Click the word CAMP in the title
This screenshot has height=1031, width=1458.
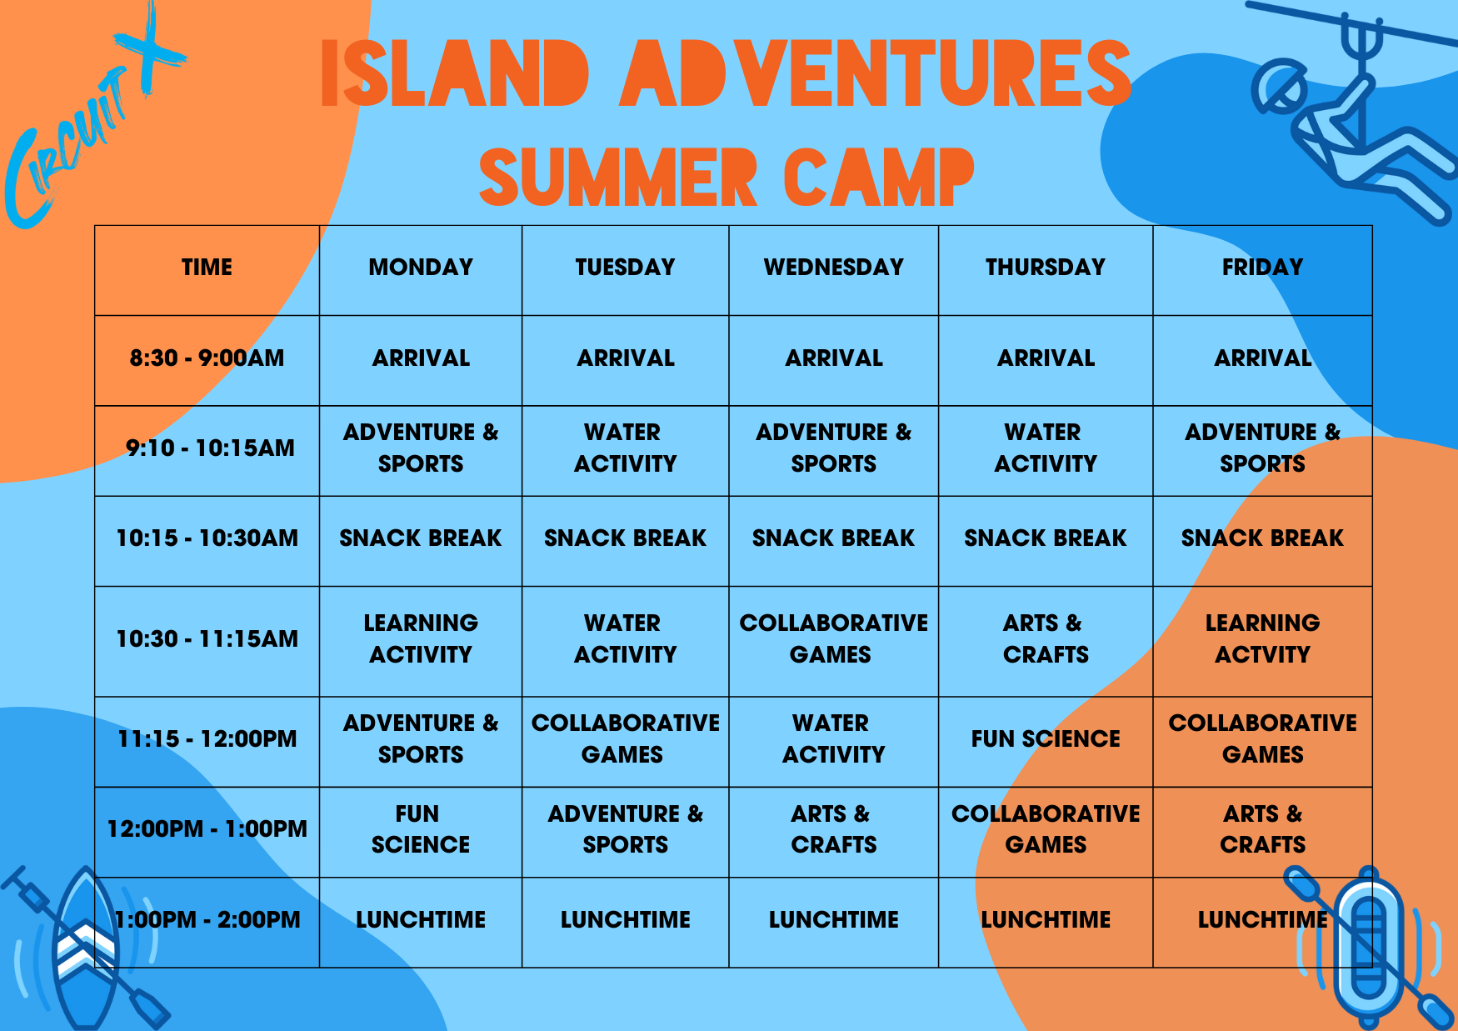coord(879,177)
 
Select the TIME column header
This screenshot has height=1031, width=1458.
coord(207,268)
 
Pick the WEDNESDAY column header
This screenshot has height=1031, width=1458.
coord(834,268)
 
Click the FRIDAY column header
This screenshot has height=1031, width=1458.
coord(1262,268)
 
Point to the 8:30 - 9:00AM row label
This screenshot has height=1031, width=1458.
coord(207,358)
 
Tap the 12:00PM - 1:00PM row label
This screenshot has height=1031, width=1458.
coord(207,829)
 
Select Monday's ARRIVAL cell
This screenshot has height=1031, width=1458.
coord(421,358)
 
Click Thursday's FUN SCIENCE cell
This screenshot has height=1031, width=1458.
coord(1046,739)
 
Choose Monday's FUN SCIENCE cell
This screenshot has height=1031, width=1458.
coord(421,829)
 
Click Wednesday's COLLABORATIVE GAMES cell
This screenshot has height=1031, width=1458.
coord(834,639)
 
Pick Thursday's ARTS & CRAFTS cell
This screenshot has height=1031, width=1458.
coord(1046,639)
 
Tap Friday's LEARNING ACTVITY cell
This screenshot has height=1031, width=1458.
coord(1262,639)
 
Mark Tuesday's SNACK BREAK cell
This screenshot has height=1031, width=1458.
coord(626,538)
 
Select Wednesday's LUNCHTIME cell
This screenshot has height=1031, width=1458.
coord(834,920)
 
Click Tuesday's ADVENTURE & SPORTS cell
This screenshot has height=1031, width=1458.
coord(626,829)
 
